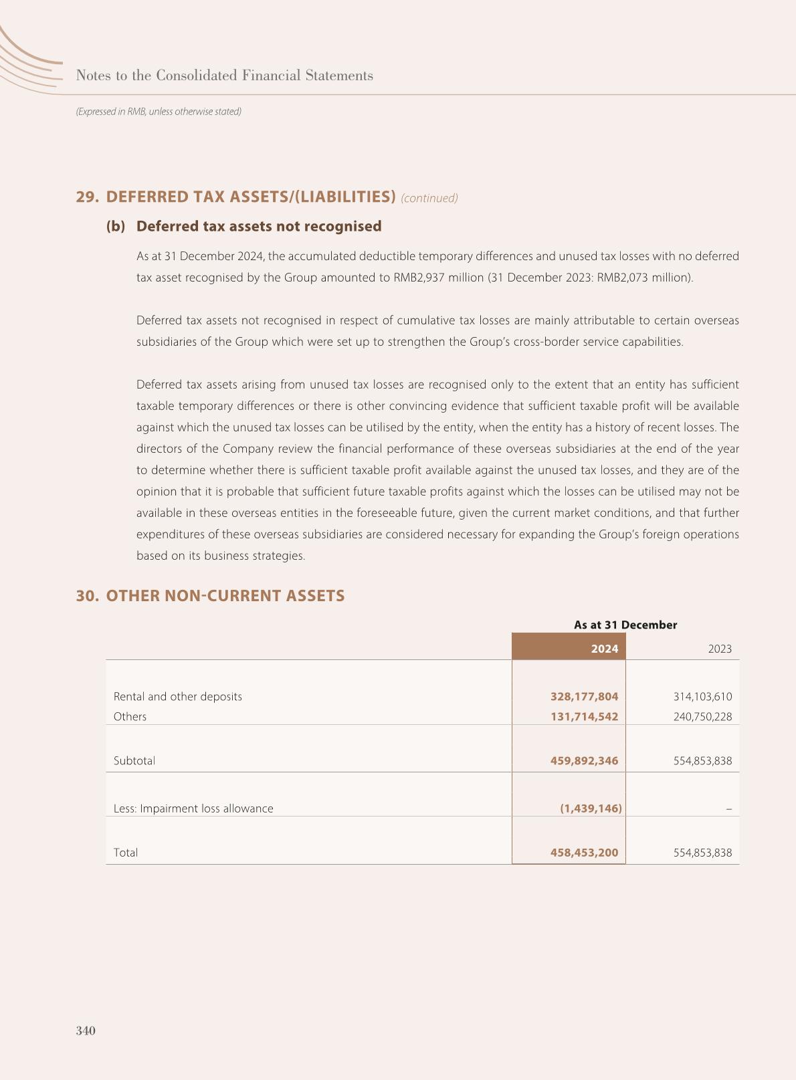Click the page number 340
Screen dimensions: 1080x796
coord(86,1031)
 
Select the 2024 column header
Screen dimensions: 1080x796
coord(604,649)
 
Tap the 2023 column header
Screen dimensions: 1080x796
coord(719,649)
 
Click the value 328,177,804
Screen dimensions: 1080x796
coord(584,696)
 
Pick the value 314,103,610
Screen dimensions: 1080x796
coord(702,696)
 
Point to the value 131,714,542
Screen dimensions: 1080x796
coord(584,716)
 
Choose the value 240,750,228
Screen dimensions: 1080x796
coord(702,716)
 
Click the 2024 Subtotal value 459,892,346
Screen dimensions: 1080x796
coord(584,760)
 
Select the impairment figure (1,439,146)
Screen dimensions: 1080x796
coord(591,808)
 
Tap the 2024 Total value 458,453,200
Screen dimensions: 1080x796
coord(584,853)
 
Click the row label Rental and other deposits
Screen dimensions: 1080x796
coord(178,696)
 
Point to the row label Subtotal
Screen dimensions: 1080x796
coord(134,760)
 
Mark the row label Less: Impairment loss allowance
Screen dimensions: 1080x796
coord(193,808)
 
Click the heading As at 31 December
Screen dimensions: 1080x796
coord(625,625)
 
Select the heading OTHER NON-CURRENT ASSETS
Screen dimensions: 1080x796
coord(225,596)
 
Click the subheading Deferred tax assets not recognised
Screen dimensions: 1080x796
coord(259,226)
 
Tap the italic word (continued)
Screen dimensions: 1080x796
coord(429,198)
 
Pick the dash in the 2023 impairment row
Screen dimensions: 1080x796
coord(728,808)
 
